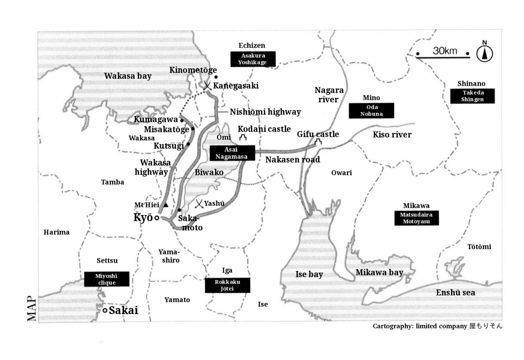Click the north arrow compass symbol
click(x=485, y=53)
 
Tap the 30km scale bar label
click(x=445, y=51)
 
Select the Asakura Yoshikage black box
click(x=253, y=59)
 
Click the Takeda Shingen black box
click(x=472, y=96)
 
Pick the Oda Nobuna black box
click(x=372, y=110)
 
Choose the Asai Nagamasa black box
click(x=232, y=153)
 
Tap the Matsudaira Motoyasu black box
click(x=417, y=218)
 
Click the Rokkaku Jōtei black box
click(x=227, y=285)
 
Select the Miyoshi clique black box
click(x=107, y=279)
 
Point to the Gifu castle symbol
click(x=318, y=141)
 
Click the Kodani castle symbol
click(x=243, y=137)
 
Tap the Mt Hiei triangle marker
click(x=166, y=205)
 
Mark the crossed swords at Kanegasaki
click(x=207, y=85)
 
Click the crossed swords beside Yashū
click(x=199, y=204)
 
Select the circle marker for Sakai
click(x=105, y=311)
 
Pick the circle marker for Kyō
click(x=157, y=218)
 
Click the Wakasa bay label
click(x=128, y=76)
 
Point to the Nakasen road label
click(x=292, y=159)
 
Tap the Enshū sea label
click(x=455, y=293)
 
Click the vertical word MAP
click(x=31, y=308)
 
